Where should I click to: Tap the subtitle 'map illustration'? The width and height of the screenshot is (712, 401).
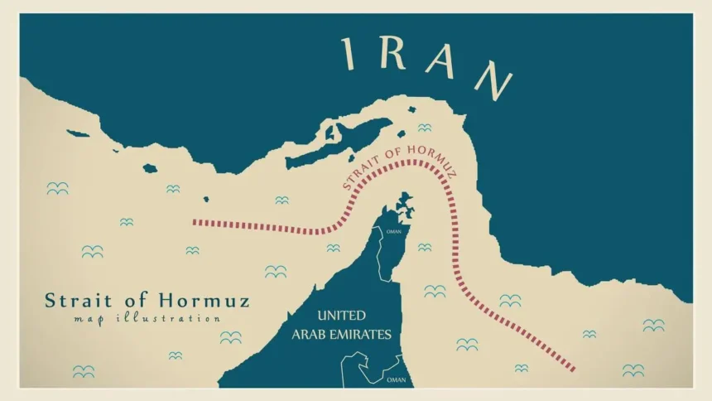point(147,319)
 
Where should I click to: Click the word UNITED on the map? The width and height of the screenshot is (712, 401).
point(341,316)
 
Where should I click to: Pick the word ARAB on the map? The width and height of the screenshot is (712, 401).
point(310,335)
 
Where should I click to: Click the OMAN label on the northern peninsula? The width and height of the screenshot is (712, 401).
point(393,232)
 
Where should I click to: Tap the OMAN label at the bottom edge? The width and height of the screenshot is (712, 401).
point(397,379)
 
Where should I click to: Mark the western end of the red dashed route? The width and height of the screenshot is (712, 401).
point(195,222)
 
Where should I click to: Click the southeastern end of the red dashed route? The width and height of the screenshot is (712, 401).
point(573,368)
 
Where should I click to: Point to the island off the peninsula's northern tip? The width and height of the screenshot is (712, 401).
point(404,200)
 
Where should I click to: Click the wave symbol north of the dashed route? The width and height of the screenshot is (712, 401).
point(424,128)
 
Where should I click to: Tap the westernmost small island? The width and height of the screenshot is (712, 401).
point(77,133)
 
